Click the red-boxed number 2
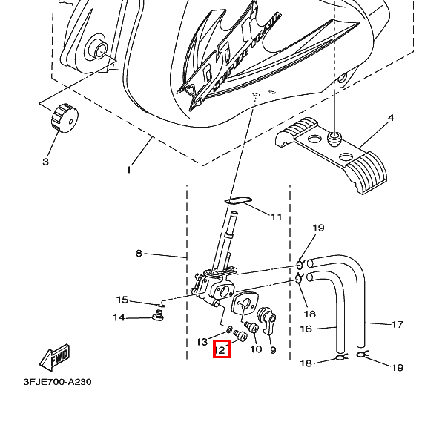222,349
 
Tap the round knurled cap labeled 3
63,117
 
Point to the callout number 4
391,118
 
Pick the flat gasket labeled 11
238,200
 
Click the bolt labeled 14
157,319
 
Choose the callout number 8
139,254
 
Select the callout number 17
398,323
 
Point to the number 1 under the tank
128,170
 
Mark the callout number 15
122,300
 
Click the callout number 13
202,342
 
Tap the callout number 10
256,349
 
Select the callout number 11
276,217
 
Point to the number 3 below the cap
44,161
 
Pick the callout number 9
273,350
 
